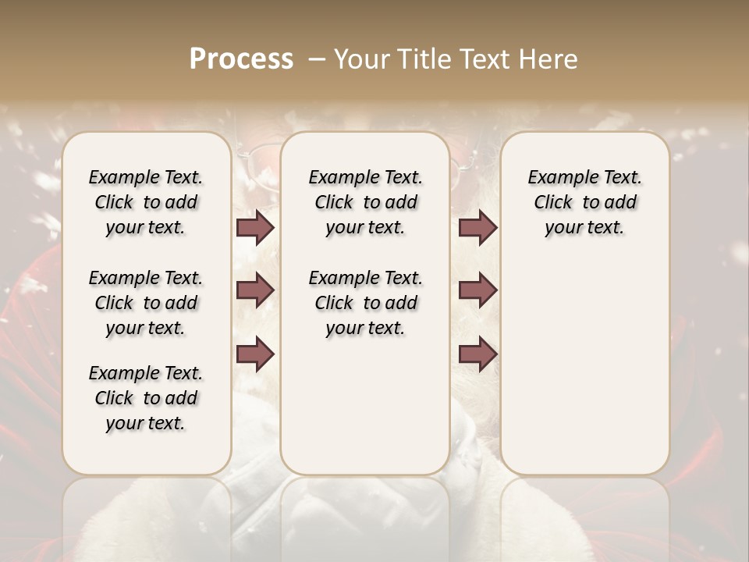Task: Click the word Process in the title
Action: pyautogui.click(x=241, y=59)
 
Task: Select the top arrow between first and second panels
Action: pyautogui.click(x=255, y=228)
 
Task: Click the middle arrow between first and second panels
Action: pyautogui.click(x=255, y=290)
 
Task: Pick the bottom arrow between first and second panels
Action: pyautogui.click(x=255, y=354)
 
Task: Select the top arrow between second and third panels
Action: pyautogui.click(x=477, y=228)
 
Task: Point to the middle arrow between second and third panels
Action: pyautogui.click(x=477, y=290)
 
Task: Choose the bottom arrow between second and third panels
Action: pyautogui.click(x=477, y=354)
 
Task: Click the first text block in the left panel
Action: pyautogui.click(x=146, y=202)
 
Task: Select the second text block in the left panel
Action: pyautogui.click(x=146, y=303)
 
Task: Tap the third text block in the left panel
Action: pyautogui.click(x=146, y=398)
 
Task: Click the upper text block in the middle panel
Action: pyautogui.click(x=365, y=202)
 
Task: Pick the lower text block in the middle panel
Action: pyautogui.click(x=365, y=303)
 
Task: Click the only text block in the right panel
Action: pyautogui.click(x=584, y=202)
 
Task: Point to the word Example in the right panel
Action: pyautogui.click(x=557, y=178)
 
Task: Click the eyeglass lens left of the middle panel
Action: pyautogui.click(x=257, y=160)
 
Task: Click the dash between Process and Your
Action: pyautogui.click(x=315, y=59)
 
